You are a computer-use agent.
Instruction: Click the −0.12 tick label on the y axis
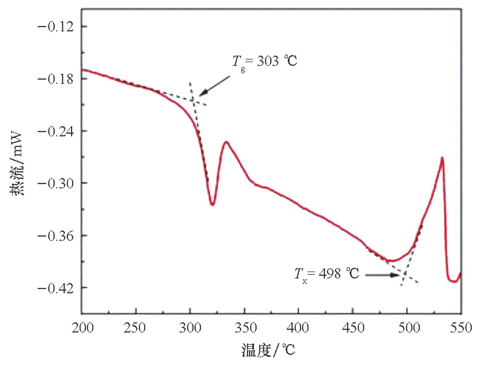[x=56, y=26]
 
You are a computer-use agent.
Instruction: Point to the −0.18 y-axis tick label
[x=56, y=79]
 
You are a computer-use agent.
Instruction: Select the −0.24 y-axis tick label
[x=56, y=131]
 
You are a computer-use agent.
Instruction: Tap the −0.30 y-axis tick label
[x=56, y=183]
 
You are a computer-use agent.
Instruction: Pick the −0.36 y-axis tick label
[x=56, y=236]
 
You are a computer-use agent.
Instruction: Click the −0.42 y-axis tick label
[x=56, y=288]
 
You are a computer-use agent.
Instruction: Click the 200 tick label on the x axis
[x=83, y=328]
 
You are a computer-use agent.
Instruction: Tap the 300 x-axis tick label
[x=190, y=328]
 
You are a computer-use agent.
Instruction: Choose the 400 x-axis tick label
[x=298, y=328]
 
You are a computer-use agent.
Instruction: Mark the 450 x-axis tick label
[x=353, y=328]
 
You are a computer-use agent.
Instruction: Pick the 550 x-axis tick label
[x=461, y=328]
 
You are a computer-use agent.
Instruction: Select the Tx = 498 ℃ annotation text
[x=327, y=274]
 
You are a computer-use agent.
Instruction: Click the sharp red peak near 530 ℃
[x=442, y=157]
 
